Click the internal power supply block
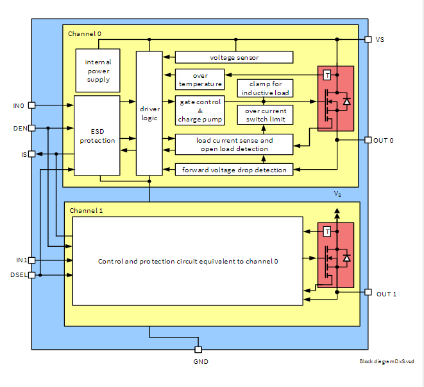click(x=98, y=70)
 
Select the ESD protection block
click(x=97, y=135)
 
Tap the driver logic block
click(x=149, y=113)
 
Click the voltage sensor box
click(x=233, y=57)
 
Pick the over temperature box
click(x=200, y=79)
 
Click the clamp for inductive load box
click(x=264, y=88)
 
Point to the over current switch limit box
click(x=264, y=115)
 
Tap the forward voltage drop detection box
click(x=234, y=169)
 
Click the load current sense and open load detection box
click(x=234, y=144)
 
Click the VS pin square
click(x=368, y=39)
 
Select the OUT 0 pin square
click(x=368, y=139)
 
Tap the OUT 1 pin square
click(x=368, y=292)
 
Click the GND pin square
click(x=198, y=349)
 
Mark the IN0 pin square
click(x=31, y=105)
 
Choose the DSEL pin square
click(x=31, y=274)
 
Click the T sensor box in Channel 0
click(x=327, y=75)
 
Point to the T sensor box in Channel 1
click(x=327, y=231)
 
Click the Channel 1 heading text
click(x=86, y=210)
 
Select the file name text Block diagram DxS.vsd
click(x=386, y=361)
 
